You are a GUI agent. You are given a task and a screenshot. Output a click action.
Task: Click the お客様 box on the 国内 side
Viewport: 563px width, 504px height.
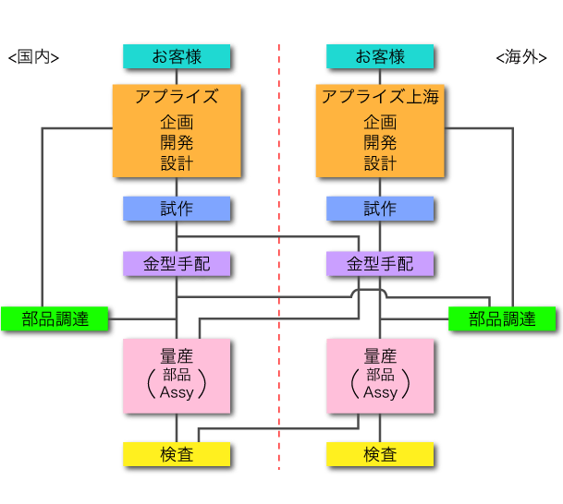[x=176, y=56]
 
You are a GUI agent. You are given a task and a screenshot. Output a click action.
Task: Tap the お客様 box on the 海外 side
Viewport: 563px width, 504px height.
[x=380, y=56]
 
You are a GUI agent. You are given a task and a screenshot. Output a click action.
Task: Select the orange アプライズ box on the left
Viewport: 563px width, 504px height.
[x=176, y=130]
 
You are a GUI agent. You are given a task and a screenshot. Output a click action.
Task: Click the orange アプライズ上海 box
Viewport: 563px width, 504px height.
[x=380, y=130]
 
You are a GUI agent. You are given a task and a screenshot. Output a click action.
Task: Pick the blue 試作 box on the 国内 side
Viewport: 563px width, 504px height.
[x=176, y=209]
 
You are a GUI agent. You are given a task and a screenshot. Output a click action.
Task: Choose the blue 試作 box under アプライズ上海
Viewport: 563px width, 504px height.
[x=380, y=209]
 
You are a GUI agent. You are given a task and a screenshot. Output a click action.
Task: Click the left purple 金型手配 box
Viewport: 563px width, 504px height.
[x=176, y=264]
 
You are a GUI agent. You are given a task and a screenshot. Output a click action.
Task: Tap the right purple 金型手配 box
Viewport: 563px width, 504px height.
[x=380, y=264]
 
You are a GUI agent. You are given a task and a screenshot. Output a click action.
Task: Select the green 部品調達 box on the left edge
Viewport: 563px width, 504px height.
[x=55, y=318]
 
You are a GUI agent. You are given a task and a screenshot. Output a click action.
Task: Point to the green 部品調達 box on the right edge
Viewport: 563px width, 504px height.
[x=502, y=318]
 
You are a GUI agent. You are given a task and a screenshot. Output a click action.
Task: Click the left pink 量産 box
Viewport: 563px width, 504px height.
[x=176, y=376]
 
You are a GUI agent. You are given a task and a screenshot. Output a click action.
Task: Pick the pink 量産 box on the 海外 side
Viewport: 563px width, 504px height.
[x=380, y=376]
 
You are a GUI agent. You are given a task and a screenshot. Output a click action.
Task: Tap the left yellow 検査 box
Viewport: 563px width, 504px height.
[x=176, y=454]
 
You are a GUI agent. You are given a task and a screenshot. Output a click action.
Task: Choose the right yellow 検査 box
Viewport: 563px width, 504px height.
[x=380, y=454]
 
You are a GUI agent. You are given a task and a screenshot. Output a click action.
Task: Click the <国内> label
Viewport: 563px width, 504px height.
[x=33, y=57]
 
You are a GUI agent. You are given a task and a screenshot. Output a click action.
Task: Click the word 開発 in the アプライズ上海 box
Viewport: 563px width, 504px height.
[x=380, y=143]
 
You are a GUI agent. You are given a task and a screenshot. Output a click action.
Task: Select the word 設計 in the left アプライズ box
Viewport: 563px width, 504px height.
[x=176, y=163]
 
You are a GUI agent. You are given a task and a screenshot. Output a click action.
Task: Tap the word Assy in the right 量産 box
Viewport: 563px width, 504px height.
[x=380, y=392]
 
